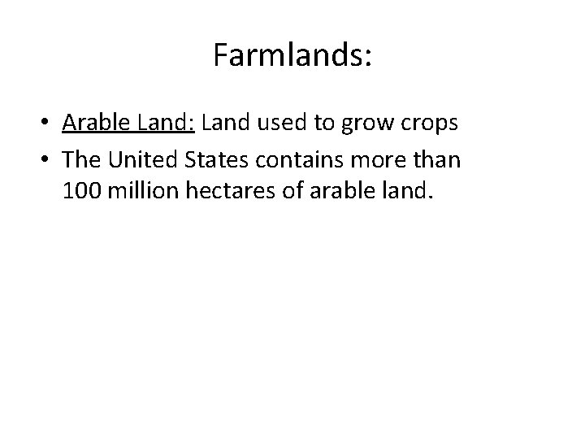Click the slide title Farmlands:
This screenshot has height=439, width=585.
[x=292, y=55]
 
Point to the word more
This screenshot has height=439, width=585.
[x=377, y=160]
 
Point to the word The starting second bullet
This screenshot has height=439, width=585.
[x=81, y=159]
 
